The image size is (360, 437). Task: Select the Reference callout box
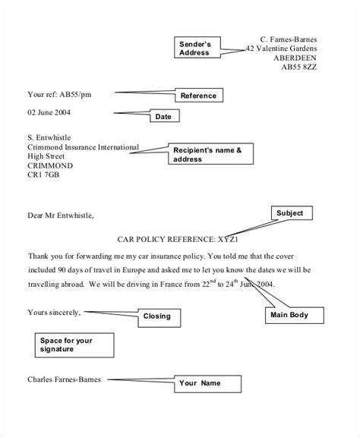pos(199,96)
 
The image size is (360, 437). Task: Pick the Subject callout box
pos(289,213)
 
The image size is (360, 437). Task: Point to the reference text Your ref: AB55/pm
pos(58,95)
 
